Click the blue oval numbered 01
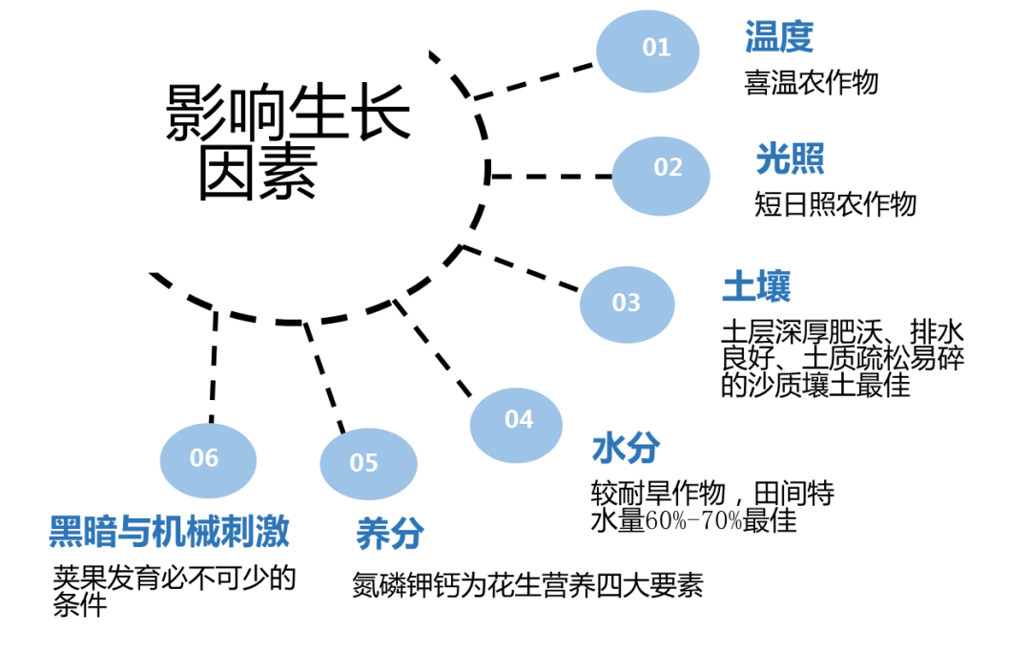pyautogui.click(x=648, y=51)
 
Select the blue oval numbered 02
pyautogui.click(x=661, y=176)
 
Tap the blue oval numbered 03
pyautogui.click(x=627, y=305)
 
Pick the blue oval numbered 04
pyautogui.click(x=516, y=425)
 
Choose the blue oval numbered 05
pyautogui.click(x=368, y=464)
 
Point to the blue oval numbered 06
pyautogui.click(x=208, y=460)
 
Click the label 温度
pyautogui.click(x=778, y=38)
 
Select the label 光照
pyautogui.click(x=790, y=158)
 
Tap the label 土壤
pyautogui.click(x=755, y=286)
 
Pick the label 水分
pyautogui.click(x=626, y=448)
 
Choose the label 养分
pyautogui.click(x=390, y=534)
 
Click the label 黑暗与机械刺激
pyautogui.click(x=169, y=532)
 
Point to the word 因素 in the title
pyautogui.click(x=257, y=174)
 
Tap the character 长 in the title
pyautogui.click(x=381, y=113)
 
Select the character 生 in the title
pyautogui.click(x=319, y=113)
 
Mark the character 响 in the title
pyautogui.click(x=257, y=113)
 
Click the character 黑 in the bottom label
pyautogui.click(x=66, y=532)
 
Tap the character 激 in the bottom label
pyautogui.click(x=272, y=532)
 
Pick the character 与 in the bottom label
pyautogui.click(x=134, y=532)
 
